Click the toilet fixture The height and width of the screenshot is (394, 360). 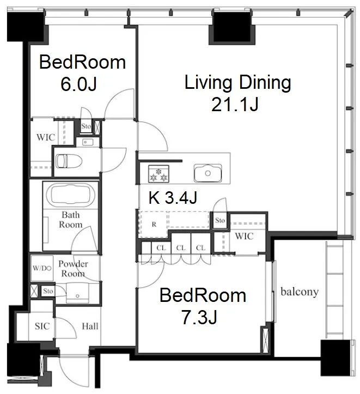69,161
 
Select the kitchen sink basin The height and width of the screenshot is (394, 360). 208,173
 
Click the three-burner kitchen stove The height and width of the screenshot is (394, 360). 158,174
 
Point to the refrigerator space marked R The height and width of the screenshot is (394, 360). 154,225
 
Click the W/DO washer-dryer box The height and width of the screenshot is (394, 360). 42,268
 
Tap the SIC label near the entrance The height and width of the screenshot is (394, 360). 42,326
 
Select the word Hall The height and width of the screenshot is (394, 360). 90,326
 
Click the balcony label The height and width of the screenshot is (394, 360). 300,292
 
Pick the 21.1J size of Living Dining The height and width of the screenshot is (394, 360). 235,105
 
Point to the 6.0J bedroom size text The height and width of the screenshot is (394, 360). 78,84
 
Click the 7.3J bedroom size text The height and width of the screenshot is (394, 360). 199,317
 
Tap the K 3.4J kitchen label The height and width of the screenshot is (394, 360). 173,197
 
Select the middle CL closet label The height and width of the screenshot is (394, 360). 181,248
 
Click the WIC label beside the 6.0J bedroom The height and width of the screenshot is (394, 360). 45,137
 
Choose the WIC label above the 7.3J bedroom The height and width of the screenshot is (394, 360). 244,236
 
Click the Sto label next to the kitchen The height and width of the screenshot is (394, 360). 220,220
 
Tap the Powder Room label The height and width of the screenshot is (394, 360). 73,269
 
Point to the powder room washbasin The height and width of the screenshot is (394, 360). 77,293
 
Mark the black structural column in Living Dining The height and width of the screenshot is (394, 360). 232,28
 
